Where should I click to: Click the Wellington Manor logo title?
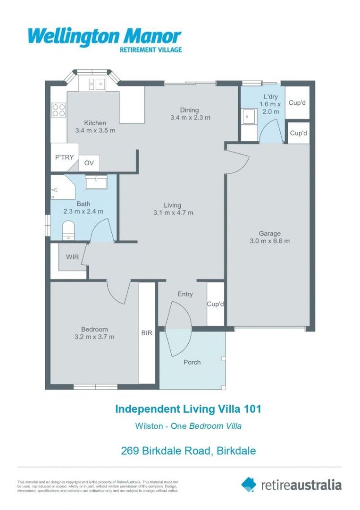tap(104, 36)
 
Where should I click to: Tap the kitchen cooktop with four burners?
tap(59, 110)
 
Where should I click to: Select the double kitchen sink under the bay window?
tap(96, 84)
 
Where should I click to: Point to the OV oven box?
tap(89, 163)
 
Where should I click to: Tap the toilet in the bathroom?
tap(68, 230)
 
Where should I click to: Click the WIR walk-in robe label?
tap(72, 257)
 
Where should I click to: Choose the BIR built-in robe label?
tap(147, 333)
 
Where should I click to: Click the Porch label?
tap(192, 362)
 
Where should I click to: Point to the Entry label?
tap(185, 294)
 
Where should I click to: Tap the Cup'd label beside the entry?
tap(216, 304)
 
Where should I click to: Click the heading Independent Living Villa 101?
tap(188, 408)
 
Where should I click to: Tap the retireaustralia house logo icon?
tap(249, 484)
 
